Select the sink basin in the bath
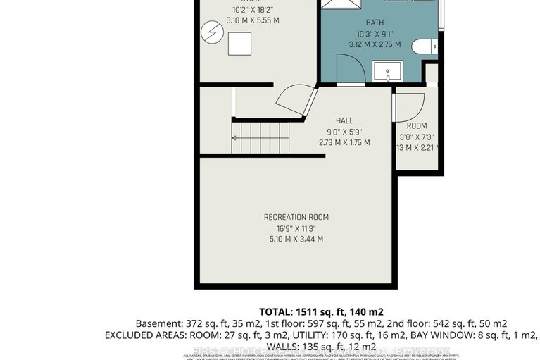pos(387,72)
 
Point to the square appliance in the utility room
pos(239,44)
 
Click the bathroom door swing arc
pos(351,68)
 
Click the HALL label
pos(344,120)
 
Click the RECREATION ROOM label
pos(296,217)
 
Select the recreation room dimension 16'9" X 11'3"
pos(296,228)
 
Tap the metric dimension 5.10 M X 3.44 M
pos(296,240)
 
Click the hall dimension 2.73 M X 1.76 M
pos(344,143)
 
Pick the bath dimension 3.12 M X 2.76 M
pos(375,44)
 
